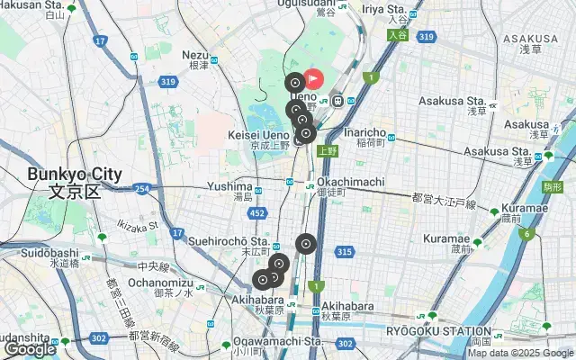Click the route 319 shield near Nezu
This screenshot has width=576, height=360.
tap(168, 82)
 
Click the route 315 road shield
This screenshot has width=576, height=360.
tap(343, 252)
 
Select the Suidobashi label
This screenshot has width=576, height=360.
tap(52, 255)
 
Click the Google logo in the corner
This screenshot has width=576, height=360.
tap(30, 349)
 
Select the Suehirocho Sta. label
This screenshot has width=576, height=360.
tap(229, 241)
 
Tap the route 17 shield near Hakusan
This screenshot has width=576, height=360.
tap(100, 41)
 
